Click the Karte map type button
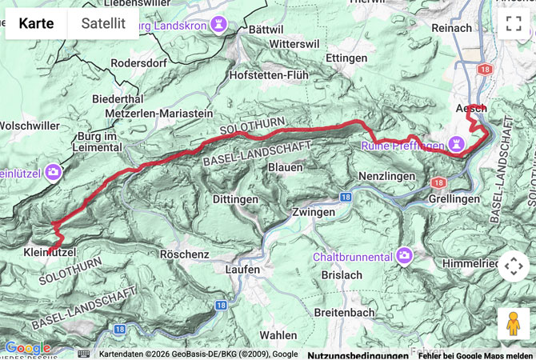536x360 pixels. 36,23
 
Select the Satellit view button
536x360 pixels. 103,23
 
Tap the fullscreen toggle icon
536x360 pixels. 513,23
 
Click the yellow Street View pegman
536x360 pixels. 513,322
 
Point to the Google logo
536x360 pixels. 26,348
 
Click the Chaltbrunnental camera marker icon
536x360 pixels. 404,256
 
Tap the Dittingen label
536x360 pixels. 236,199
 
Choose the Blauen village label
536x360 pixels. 285,167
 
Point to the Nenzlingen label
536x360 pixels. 387,175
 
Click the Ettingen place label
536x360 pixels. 346,58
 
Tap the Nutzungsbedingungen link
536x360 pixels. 358,354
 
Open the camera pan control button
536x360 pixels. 513,266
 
